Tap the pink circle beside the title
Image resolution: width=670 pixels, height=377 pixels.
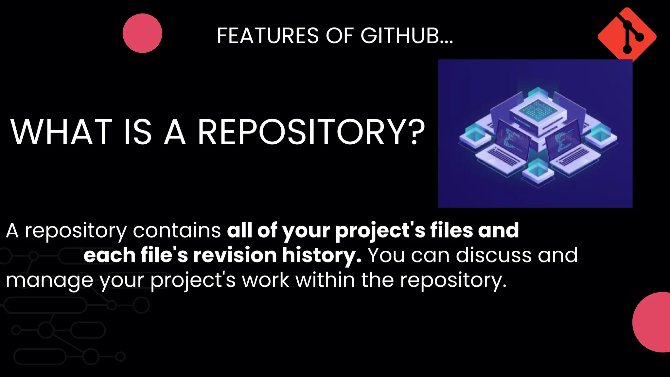coord(142,33)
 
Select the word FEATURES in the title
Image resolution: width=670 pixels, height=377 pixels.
coord(268,36)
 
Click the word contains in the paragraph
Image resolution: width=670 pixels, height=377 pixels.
coord(177,230)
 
